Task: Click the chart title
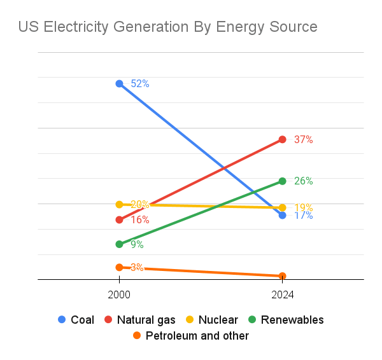coord(167,27)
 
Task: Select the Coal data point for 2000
coord(119,83)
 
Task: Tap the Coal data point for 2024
coord(282,216)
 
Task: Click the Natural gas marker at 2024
coord(282,139)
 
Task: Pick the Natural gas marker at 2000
coord(119,220)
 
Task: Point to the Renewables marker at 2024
coord(282,181)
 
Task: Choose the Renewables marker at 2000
coord(119,244)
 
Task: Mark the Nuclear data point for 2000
coord(119,204)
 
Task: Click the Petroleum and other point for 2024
coord(282,276)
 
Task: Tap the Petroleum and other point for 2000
coord(119,267)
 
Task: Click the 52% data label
coord(140,83)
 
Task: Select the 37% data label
coord(303,139)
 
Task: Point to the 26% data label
coord(303,181)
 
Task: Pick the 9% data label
coord(137,244)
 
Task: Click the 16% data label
coord(140,220)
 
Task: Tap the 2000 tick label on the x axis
coord(119,294)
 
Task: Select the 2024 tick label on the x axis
coord(282,294)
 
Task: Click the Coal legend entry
coord(76,319)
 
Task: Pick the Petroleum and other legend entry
coord(190,335)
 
